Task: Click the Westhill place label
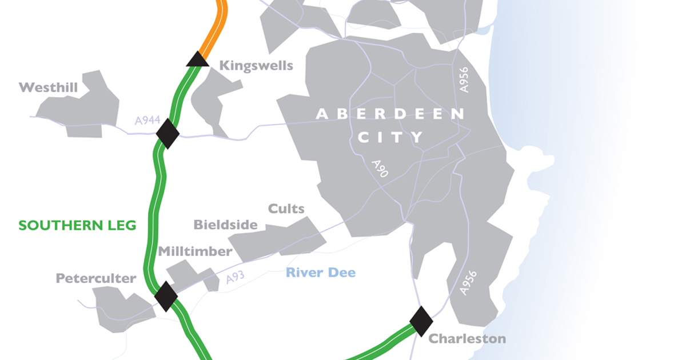48,87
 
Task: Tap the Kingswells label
256,65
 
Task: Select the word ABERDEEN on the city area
390,114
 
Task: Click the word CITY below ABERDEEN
390,137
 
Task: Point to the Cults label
286,209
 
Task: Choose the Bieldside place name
225,225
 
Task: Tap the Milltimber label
195,251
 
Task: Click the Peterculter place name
96,278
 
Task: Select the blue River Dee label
320,272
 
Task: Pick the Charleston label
467,338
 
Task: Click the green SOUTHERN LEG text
77,226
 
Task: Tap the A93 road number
235,278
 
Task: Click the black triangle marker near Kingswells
197,59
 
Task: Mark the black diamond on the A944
167,133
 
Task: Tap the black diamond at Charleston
421,321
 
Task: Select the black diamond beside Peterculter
166,295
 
